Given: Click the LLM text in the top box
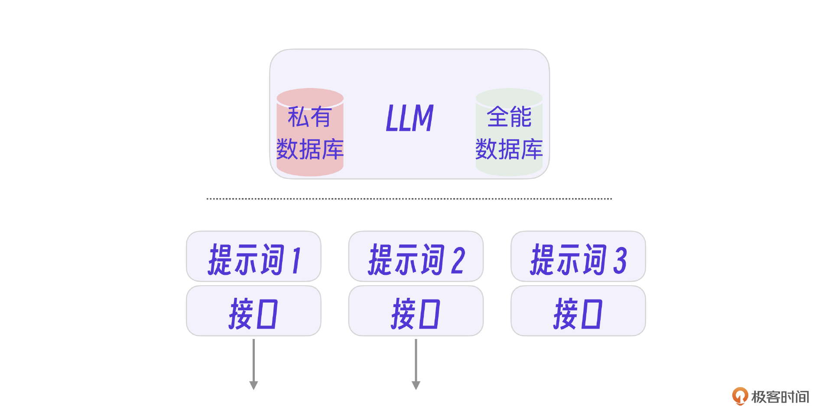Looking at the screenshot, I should click(409, 118).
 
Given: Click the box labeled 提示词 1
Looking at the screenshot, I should click(253, 256).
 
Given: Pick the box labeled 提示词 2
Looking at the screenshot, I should click(416, 256).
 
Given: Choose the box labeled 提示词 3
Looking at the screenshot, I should click(578, 256).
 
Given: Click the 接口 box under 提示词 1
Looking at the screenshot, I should click(253, 311).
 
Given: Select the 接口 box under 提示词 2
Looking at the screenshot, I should click(416, 311).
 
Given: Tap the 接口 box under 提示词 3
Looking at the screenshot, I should click(578, 311).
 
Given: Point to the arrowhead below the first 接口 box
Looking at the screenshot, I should click(253, 385).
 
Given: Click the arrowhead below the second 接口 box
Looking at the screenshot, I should click(416, 385).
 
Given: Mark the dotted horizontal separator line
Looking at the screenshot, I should click(409, 199).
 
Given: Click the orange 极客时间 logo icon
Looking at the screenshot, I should click(740, 396).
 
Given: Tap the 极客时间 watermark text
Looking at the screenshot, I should click(780, 397).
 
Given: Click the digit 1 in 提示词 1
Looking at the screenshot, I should click(296, 261).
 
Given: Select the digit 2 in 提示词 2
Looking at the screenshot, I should click(458, 261).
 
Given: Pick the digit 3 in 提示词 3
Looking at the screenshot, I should click(620, 261).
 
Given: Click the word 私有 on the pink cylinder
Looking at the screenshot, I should click(309, 117).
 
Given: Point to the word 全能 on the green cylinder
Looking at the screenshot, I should click(509, 117).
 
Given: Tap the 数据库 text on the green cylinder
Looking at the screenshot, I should click(509, 150).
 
